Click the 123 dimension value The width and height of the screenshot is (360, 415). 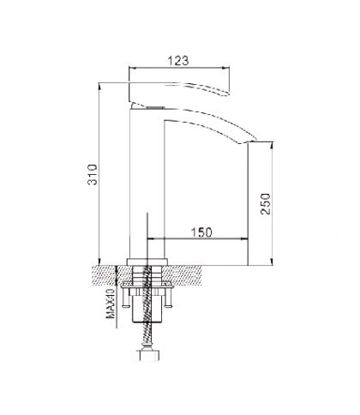point(177,61)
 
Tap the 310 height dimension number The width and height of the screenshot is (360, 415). point(93,174)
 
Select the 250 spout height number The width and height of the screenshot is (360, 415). point(266,204)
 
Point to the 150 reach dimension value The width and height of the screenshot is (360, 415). point(201,232)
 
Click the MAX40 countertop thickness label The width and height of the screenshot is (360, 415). point(111,304)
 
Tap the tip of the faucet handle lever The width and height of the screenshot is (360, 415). point(229,93)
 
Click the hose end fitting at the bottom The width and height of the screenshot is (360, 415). point(147,355)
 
